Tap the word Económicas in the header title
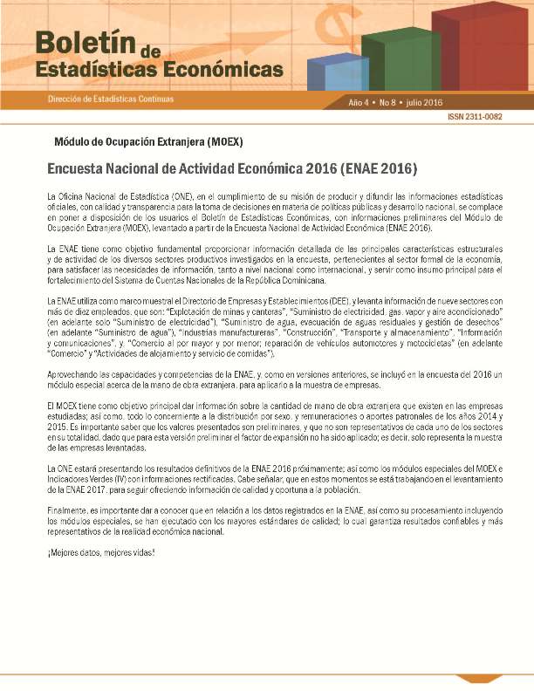point(228,69)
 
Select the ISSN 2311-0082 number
point(475,117)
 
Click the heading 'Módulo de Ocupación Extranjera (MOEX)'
point(148,140)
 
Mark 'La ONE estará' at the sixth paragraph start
point(72,469)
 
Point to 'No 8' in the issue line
point(390,102)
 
